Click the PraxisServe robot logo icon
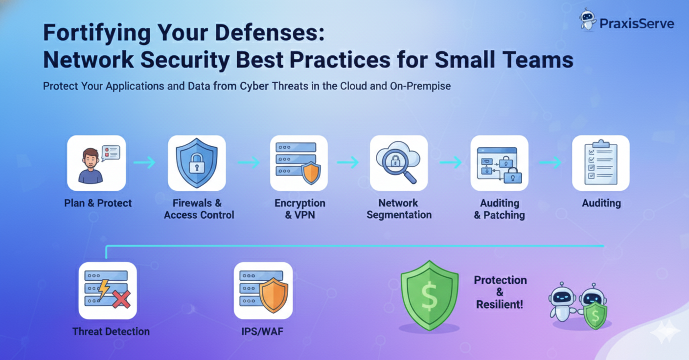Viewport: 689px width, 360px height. (588, 20)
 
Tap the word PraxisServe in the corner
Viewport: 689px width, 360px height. (637, 23)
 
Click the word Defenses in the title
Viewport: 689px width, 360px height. (270, 32)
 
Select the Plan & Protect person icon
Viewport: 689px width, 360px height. (96, 163)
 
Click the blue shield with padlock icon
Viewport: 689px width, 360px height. (197, 163)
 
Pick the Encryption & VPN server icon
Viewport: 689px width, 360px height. (299, 163)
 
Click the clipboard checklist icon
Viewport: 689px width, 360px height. (601, 163)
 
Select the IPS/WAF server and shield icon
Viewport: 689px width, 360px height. (263, 291)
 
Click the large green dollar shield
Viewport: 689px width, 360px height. (429, 296)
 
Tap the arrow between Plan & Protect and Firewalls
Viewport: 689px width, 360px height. (144, 162)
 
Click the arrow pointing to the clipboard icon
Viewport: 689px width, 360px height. (551, 162)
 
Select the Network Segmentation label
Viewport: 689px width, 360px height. (399, 209)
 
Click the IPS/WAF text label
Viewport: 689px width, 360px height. (262, 332)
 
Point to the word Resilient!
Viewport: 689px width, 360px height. (500, 304)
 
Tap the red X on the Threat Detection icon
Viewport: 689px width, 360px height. (121, 298)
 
